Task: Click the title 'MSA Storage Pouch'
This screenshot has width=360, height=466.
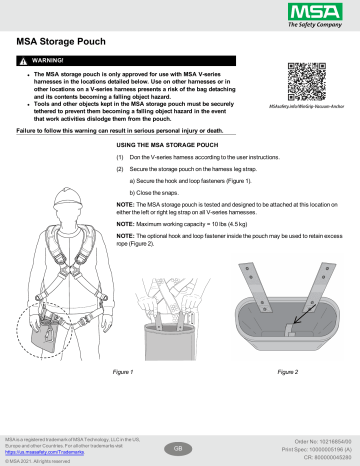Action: [63, 44]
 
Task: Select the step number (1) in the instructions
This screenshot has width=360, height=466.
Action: [121, 158]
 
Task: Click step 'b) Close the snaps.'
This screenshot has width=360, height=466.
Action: [156, 191]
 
